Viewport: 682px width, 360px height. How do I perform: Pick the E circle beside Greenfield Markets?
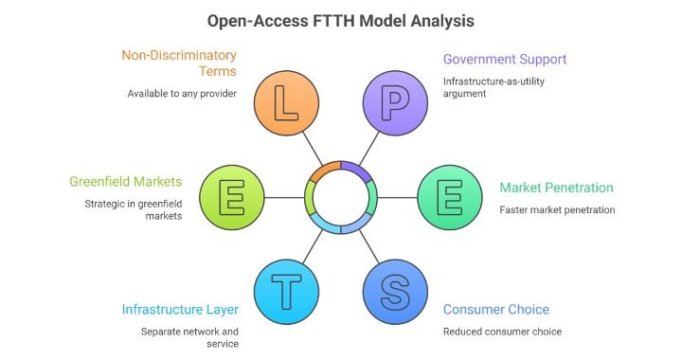231,197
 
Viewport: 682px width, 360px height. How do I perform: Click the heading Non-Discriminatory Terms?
178,64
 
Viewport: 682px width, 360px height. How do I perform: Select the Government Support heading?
505,59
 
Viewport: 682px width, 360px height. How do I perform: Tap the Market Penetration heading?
556,188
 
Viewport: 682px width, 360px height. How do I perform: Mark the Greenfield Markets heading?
125,181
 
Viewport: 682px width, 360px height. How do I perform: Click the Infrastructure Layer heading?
180,310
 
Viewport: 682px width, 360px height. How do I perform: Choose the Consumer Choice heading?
495,310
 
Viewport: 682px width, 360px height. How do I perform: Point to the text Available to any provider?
182,94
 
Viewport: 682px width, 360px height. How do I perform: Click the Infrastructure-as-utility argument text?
494,88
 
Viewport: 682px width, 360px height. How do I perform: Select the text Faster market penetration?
557,209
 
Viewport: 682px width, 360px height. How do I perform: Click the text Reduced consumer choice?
502,332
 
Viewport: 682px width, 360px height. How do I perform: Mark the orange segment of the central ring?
324,169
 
